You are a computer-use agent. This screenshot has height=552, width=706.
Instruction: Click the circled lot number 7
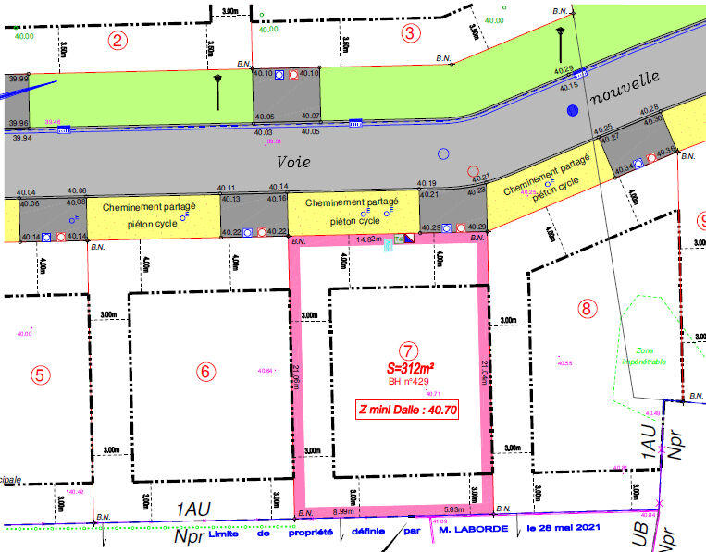coord(407,350)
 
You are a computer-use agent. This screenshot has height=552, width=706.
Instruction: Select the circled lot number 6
coord(205,372)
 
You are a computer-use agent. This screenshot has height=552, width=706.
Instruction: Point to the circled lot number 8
coord(585,309)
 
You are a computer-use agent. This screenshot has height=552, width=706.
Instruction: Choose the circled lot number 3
coord(412,34)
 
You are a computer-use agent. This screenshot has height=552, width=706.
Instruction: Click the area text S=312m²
coord(410,367)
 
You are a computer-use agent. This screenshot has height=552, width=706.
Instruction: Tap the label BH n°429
coord(409,381)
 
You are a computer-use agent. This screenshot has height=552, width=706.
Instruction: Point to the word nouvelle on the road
coord(626,87)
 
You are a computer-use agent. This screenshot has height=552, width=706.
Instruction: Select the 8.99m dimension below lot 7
coord(345,511)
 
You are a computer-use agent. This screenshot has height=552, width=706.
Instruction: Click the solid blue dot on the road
coord(573,110)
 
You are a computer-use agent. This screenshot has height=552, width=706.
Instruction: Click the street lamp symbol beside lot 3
coord(560,42)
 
